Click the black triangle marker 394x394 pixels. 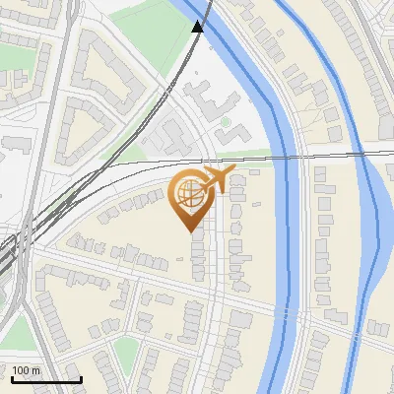(198, 27)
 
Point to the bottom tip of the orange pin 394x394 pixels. (190, 231)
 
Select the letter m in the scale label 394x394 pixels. (35, 370)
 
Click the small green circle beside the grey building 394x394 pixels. (226, 123)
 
